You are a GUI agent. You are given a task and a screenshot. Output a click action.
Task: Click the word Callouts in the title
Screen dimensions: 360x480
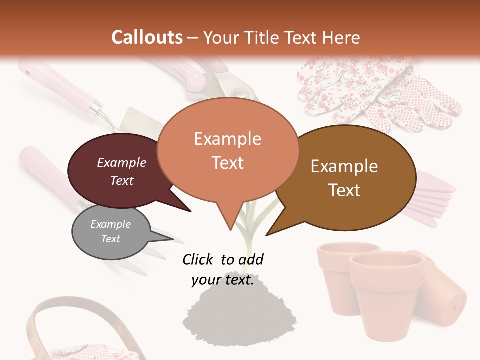pos(147,37)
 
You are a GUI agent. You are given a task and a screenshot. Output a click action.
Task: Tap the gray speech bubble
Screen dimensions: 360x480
pos(110,232)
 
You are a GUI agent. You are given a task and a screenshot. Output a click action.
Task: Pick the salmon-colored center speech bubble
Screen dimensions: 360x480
pos(227,150)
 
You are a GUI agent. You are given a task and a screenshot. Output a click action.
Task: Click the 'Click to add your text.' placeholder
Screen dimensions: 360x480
pos(223,269)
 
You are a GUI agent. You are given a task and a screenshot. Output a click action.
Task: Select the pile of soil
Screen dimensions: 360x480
pos(225,315)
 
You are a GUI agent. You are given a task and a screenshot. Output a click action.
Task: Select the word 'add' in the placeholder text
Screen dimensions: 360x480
pos(251,259)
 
